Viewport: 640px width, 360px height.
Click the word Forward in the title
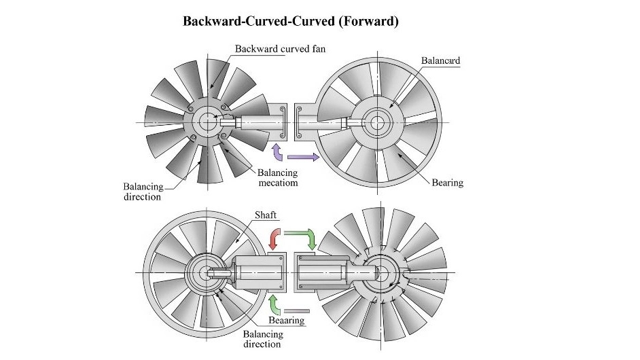(368, 21)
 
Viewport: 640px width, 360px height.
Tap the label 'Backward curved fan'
(280, 49)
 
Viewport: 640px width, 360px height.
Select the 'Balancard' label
(440, 61)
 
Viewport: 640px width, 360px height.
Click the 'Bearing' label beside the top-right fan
(447, 183)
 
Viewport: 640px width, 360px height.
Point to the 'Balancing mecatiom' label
(278, 177)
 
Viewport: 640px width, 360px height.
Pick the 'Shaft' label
(265, 215)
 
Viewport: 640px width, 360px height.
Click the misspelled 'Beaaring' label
(287, 320)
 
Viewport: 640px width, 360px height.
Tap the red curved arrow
(274, 238)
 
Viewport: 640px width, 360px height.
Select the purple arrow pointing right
(303, 157)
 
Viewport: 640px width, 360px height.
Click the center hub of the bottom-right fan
(380, 272)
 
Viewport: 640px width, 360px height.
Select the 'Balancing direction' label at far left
(143, 192)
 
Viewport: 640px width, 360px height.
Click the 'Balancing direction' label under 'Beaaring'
(263, 339)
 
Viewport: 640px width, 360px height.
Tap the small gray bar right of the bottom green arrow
(297, 311)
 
